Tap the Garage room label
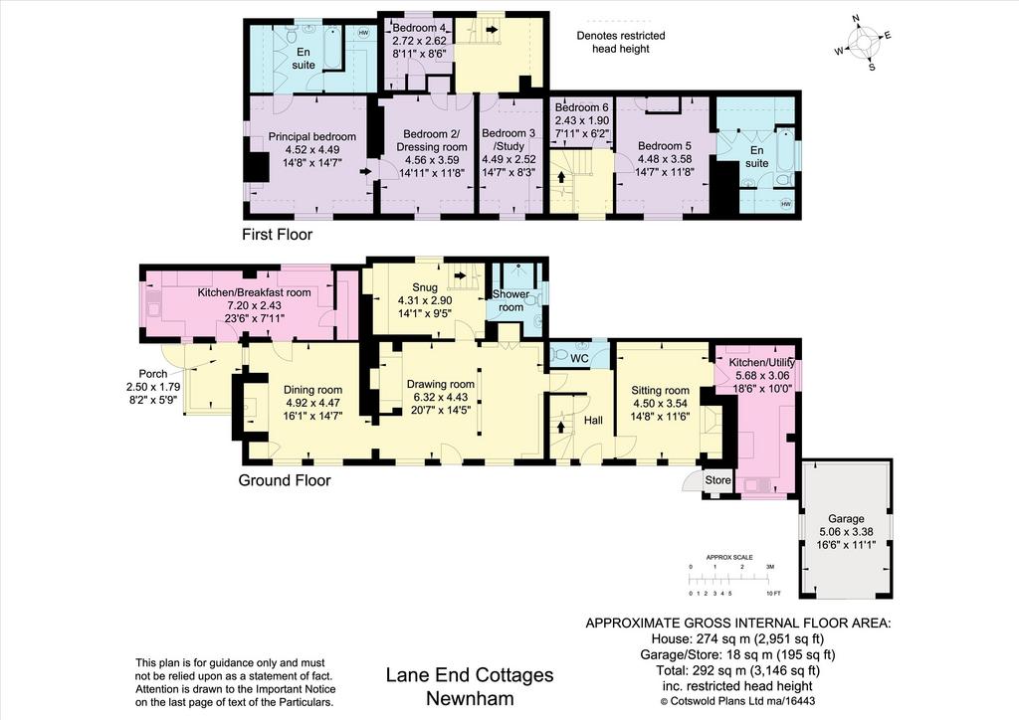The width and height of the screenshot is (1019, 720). click(x=846, y=519)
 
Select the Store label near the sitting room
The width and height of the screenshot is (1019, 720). click(x=718, y=480)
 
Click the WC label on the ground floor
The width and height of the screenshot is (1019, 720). click(x=579, y=358)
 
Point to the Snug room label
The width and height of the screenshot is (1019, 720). click(x=425, y=287)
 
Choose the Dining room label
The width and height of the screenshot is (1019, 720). click(x=312, y=390)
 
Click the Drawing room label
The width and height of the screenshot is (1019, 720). click(x=441, y=384)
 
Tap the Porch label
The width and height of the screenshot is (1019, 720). click(x=153, y=374)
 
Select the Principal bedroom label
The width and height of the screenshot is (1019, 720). click(x=311, y=137)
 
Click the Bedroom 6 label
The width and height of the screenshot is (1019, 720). click(x=581, y=107)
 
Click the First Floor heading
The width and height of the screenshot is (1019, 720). click(x=278, y=235)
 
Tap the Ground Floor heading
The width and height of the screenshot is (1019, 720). click(x=285, y=480)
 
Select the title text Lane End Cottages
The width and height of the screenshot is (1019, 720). click(x=470, y=675)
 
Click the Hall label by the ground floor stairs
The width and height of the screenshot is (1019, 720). click(x=593, y=421)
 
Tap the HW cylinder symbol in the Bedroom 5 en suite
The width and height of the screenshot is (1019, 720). click(x=786, y=204)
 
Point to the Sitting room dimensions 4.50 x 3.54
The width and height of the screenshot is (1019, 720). click(x=661, y=403)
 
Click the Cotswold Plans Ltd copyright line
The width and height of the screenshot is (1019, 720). click(x=737, y=701)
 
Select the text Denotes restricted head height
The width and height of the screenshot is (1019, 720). click(x=621, y=42)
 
